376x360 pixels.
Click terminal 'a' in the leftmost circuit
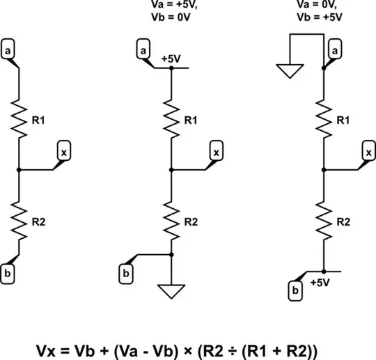click(8, 51)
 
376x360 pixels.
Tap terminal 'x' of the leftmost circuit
click(63, 151)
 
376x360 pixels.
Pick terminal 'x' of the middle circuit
click(217, 151)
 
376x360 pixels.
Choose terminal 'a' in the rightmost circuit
click(335, 51)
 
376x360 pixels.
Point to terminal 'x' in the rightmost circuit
click(370, 151)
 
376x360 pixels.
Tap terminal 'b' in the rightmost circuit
click(296, 290)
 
